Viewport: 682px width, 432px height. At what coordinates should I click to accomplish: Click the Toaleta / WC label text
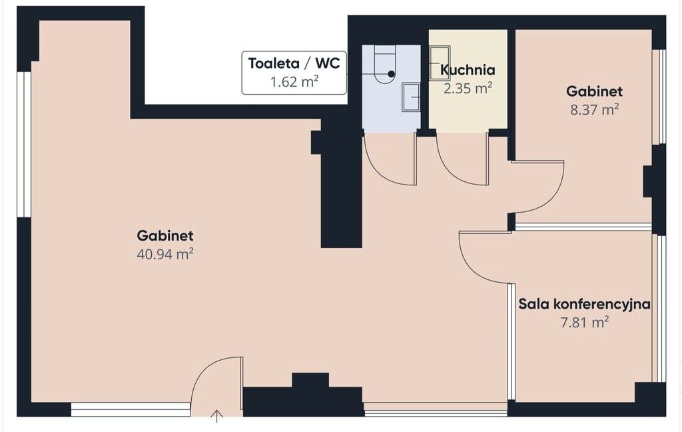(294, 63)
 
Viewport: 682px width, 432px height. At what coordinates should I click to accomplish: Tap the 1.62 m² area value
(295, 81)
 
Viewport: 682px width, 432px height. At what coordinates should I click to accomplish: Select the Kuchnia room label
(468, 70)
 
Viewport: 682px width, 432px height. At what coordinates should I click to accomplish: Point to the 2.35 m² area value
(468, 89)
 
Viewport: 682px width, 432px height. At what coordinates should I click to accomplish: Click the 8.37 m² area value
(594, 109)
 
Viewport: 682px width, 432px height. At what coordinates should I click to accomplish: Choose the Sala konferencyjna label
(584, 304)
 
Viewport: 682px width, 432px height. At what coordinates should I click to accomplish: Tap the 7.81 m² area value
(584, 323)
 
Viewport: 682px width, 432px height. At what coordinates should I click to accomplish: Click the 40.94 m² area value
(165, 254)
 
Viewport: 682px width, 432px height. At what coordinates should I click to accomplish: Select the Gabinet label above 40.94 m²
(165, 235)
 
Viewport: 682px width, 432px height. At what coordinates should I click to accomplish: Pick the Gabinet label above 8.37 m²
(594, 91)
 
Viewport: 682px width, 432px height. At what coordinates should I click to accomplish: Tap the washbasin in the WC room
(410, 97)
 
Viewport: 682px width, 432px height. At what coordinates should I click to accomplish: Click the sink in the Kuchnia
(440, 63)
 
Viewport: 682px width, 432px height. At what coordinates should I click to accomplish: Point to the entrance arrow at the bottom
(216, 416)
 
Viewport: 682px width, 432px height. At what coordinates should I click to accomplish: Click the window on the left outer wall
(24, 144)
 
